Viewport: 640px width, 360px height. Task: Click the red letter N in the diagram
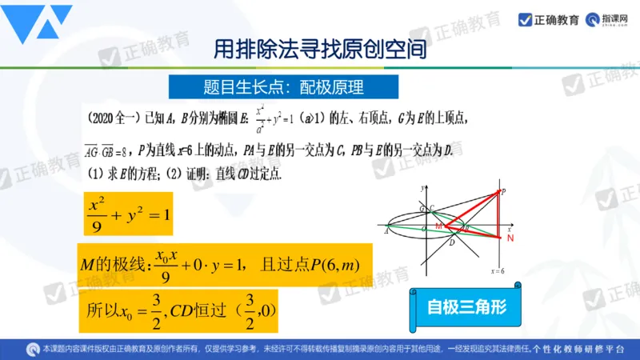(510, 238)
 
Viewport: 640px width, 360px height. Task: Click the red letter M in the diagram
(438, 227)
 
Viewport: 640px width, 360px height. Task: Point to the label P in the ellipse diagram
(503, 191)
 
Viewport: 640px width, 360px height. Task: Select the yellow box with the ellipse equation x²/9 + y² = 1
(128, 211)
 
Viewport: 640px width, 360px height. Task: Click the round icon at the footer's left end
(31, 349)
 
